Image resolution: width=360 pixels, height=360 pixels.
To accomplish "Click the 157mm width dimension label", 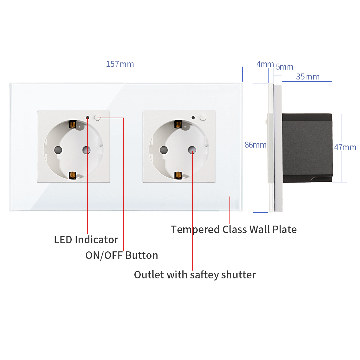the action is tap(120, 64).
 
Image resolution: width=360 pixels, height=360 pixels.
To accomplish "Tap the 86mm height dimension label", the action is tap(255, 145).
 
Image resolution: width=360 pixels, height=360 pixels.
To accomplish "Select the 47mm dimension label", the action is tap(345, 147).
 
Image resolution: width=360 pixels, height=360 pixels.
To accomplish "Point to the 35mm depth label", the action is tap(308, 76).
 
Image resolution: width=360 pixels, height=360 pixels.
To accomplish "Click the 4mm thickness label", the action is tap(265, 64).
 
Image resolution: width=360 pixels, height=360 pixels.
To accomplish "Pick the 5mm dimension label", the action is tap(284, 67).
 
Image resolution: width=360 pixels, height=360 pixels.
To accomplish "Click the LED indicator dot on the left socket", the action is tap(87, 118).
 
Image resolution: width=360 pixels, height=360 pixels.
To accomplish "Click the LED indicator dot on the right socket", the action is tap(193, 118).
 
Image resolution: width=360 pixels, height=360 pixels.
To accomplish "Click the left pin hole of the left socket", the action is tap(58, 150).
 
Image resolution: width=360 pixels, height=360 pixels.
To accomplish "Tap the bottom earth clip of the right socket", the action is tap(178, 175).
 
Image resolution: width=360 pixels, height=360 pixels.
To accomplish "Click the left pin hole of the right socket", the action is tap(164, 150).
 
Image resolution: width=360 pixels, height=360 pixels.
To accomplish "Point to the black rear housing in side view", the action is tap(307, 148).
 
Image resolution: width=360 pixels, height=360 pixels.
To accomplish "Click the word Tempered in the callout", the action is tap(195, 229).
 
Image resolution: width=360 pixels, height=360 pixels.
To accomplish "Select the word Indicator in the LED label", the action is tap(96, 240).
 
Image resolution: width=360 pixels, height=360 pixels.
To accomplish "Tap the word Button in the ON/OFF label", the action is tap(142, 255).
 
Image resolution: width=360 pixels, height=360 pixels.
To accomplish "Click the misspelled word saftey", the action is tap(204, 275).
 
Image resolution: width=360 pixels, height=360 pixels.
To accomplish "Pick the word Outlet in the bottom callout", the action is tap(149, 275).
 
